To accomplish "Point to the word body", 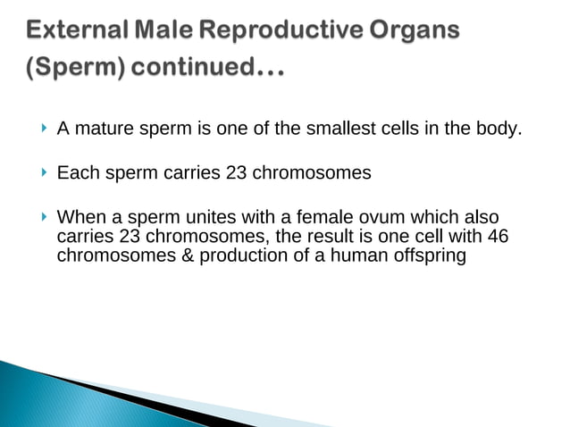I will click(497, 130).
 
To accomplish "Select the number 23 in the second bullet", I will click(237, 173).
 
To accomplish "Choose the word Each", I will click(75, 173).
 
